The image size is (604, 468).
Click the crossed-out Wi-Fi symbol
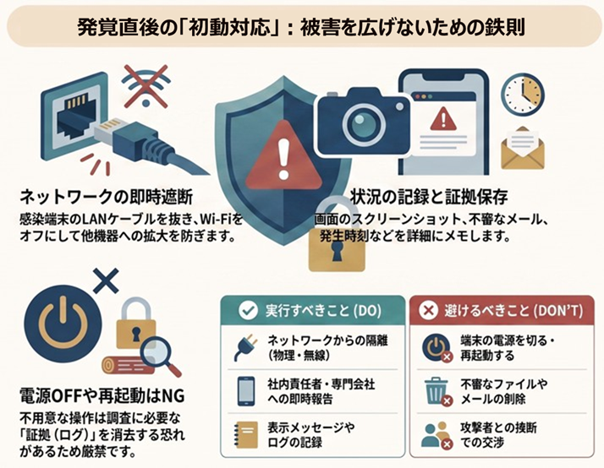(x=146, y=86)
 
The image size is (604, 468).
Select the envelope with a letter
(x=522, y=149)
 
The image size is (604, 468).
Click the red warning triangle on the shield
(x=283, y=155)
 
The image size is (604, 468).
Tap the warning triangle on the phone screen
(x=443, y=118)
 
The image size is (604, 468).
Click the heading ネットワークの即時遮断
(x=107, y=197)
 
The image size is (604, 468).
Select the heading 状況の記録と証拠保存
(x=429, y=197)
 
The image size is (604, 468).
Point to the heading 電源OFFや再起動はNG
(x=102, y=395)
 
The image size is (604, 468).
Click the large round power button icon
(x=63, y=323)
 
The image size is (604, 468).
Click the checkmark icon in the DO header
(x=248, y=310)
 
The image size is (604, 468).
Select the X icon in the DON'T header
(x=428, y=310)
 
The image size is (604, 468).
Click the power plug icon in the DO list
(x=244, y=347)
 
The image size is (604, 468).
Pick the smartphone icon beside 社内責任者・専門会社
(x=246, y=391)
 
